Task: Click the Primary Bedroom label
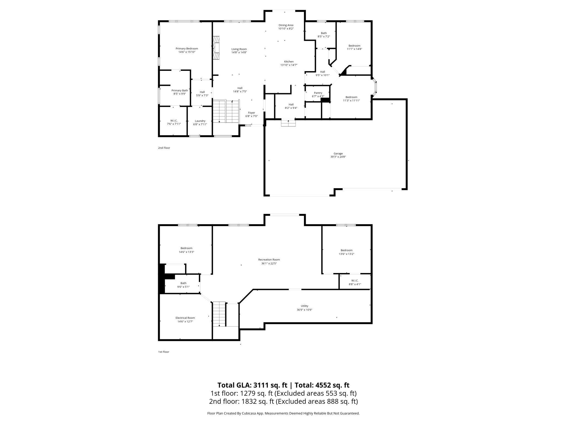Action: click(x=187, y=49)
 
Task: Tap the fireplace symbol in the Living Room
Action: click(x=216, y=48)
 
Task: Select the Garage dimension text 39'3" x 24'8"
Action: click(x=338, y=157)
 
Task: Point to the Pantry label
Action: click(x=318, y=93)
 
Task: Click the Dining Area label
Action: click(x=286, y=25)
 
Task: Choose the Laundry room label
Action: click(x=200, y=121)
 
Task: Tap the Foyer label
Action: click(x=251, y=113)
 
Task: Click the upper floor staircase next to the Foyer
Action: click(x=226, y=111)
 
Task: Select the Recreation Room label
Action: click(x=269, y=260)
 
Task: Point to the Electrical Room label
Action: click(x=185, y=318)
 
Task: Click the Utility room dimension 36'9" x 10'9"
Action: click(x=304, y=310)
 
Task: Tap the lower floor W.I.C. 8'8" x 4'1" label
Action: click(x=355, y=283)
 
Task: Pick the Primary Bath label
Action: click(x=180, y=90)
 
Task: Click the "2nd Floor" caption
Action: click(x=164, y=148)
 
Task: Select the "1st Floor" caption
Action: click(x=164, y=352)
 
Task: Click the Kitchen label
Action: click(x=289, y=62)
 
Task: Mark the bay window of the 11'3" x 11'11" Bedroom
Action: click(x=375, y=87)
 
